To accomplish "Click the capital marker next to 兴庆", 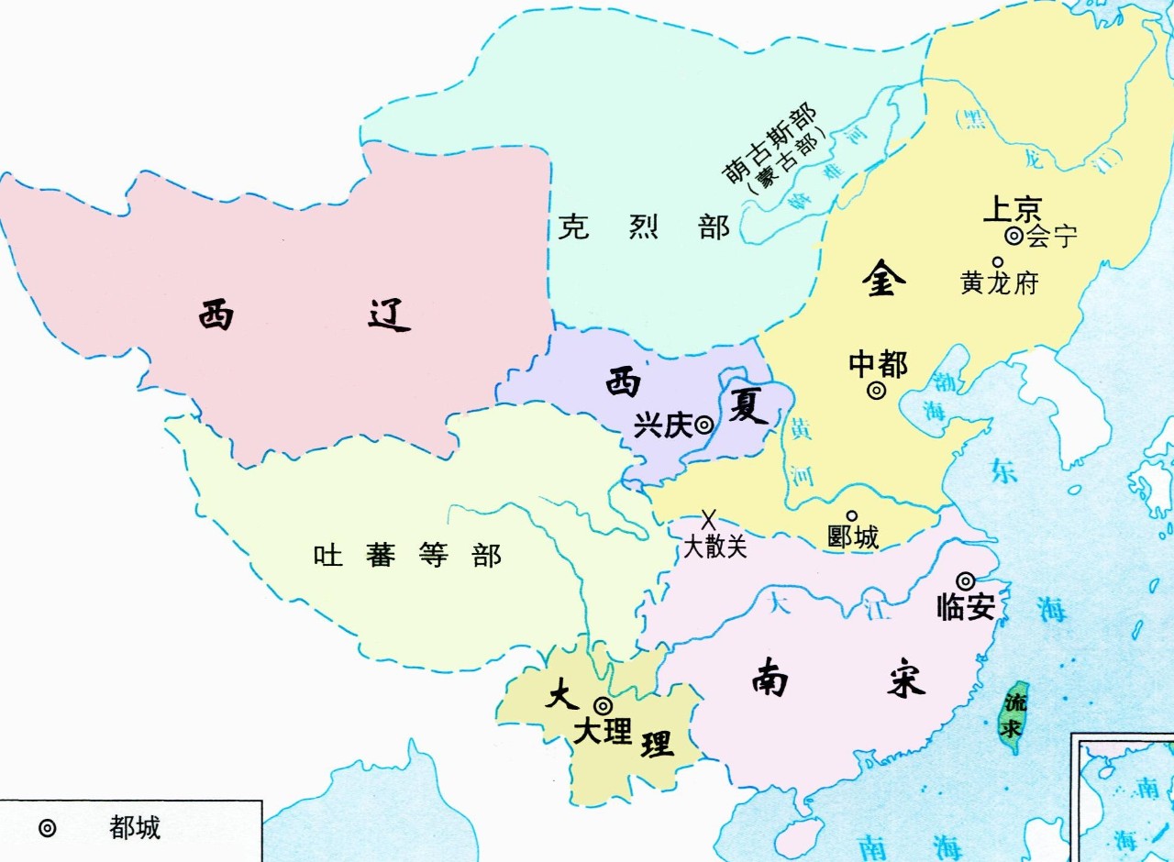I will point(703,425).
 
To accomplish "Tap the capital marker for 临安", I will point(965,580).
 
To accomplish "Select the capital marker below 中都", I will point(876,391).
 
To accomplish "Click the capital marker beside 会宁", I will point(1013,236).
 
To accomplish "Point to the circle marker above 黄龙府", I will point(997,261).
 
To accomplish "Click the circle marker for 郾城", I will point(851,515).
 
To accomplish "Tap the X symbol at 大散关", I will point(708,520).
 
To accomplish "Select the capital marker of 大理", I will point(603,705).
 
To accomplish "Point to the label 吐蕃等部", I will point(407,555).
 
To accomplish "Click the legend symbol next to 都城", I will point(47,828).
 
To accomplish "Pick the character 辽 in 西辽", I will point(389,315).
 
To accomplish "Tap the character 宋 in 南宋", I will point(905,680).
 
